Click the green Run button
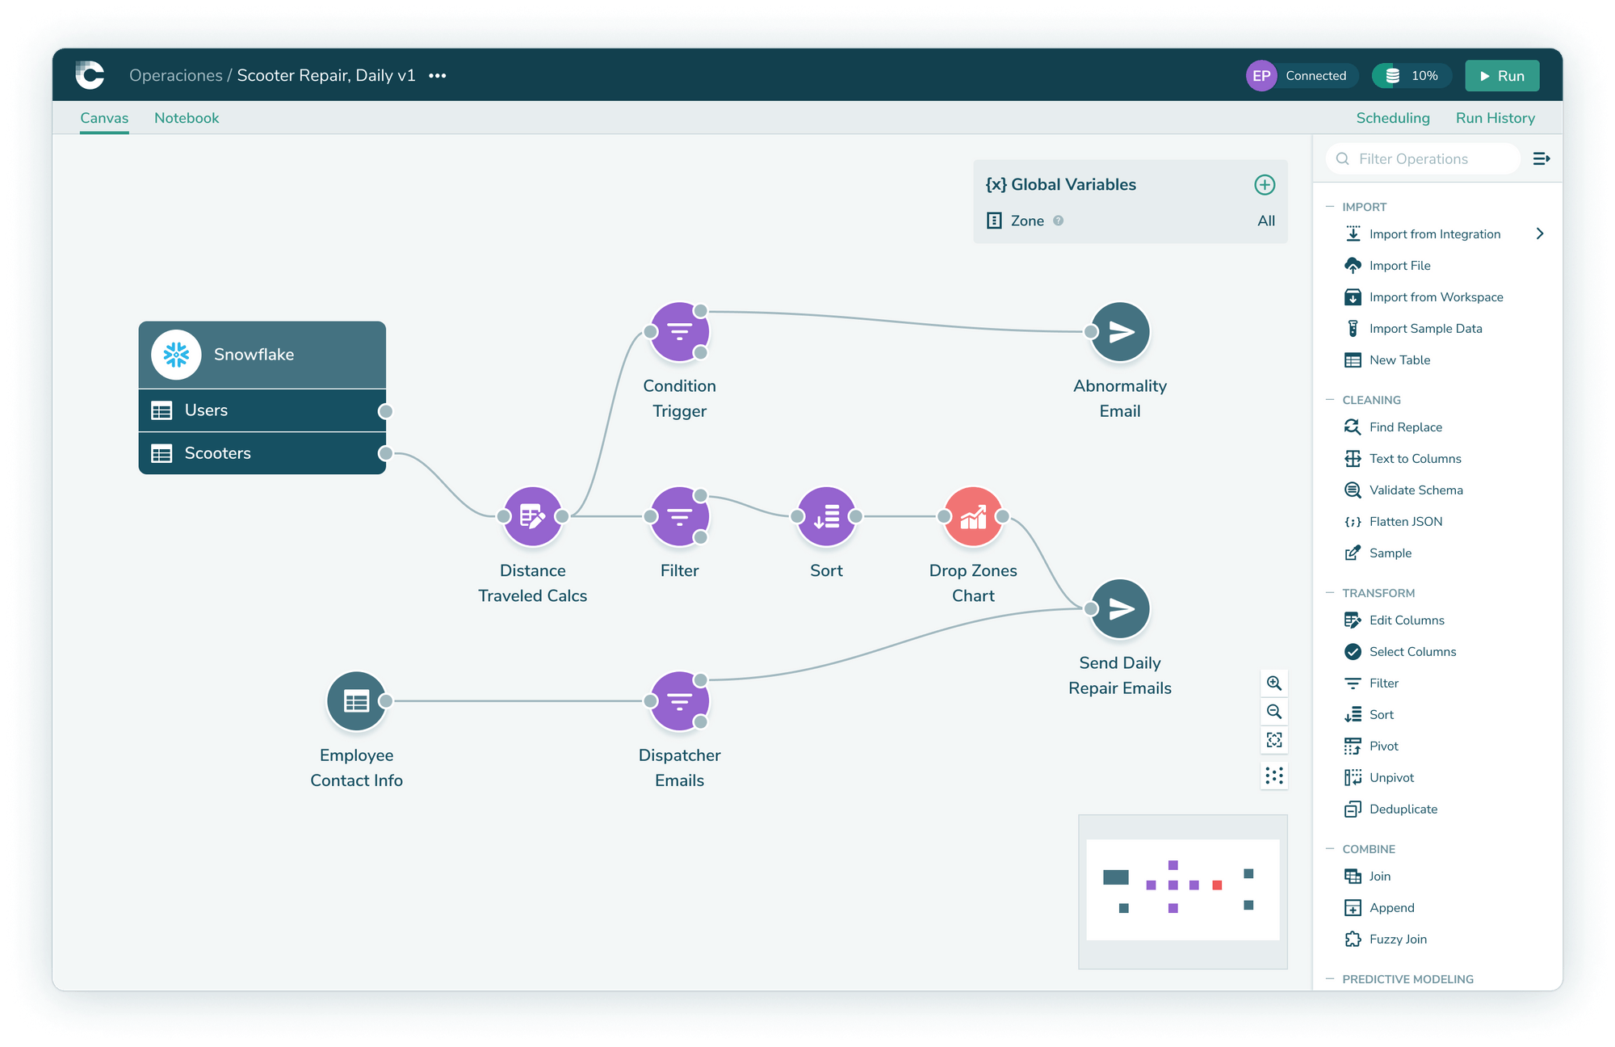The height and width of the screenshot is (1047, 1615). [x=1502, y=76]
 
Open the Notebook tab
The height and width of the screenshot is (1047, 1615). [x=187, y=118]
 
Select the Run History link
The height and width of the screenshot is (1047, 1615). [x=1495, y=118]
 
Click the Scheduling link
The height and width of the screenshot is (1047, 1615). [x=1392, y=118]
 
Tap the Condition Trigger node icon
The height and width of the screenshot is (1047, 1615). [x=679, y=332]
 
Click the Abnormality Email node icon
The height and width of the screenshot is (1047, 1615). [x=1120, y=332]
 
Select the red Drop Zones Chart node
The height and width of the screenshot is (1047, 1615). [x=973, y=516]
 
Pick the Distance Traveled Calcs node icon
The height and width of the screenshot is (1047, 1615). [x=532, y=516]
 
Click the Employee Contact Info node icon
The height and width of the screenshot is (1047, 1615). [x=356, y=701]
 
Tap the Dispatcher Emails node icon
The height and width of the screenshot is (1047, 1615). [x=679, y=701]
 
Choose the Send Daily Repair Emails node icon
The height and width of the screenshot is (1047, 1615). [x=1120, y=609]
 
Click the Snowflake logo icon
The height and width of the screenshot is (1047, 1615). [x=176, y=355]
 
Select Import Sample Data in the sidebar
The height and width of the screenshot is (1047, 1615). [x=1425, y=329]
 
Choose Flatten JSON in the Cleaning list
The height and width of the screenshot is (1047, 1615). [x=1405, y=522]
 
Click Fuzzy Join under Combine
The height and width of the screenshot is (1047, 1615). [x=1398, y=940]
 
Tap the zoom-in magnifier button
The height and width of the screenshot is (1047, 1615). [x=1274, y=683]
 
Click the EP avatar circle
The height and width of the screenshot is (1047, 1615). [x=1261, y=76]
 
